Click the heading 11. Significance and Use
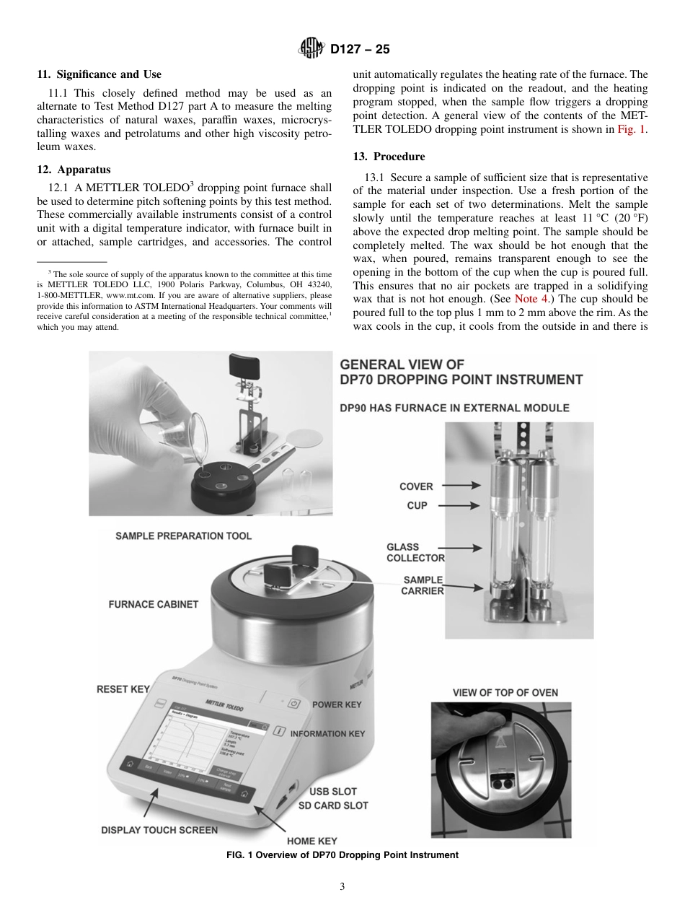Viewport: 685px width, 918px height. [x=100, y=74]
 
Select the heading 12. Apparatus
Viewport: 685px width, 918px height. [x=74, y=170]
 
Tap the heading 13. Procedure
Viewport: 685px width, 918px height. [x=389, y=157]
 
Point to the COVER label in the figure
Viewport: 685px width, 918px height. [x=416, y=486]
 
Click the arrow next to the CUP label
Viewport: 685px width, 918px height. [x=459, y=505]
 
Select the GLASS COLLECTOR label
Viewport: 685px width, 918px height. [x=415, y=553]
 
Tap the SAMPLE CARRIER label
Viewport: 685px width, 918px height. [x=423, y=585]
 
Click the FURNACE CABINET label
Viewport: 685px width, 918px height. [x=153, y=604]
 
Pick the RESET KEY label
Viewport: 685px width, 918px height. [x=123, y=689]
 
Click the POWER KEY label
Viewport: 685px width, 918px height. [x=337, y=704]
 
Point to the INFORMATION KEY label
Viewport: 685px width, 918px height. [x=327, y=733]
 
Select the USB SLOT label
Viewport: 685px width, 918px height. [x=332, y=792]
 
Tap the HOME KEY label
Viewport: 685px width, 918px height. [x=311, y=841]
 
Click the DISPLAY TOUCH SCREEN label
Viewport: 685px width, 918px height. [x=159, y=830]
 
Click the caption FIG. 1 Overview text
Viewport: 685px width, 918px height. [x=342, y=855]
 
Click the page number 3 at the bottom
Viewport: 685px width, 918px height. [x=342, y=887]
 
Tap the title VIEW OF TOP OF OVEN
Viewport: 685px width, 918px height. [x=505, y=693]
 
